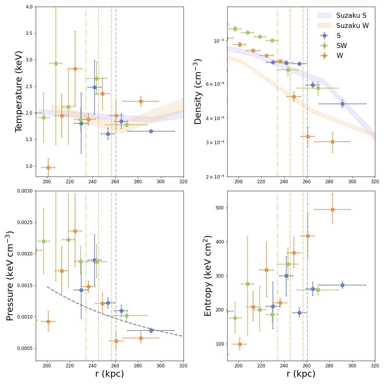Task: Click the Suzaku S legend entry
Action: click(351, 15)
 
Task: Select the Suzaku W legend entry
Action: click(352, 26)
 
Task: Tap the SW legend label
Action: click(342, 46)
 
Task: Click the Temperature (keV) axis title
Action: click(19, 91)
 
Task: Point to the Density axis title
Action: click(198, 91)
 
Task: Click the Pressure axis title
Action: click(10, 276)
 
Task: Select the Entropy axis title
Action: click(208, 276)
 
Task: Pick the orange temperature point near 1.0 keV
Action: click(48, 168)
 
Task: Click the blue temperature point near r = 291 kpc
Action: click(151, 131)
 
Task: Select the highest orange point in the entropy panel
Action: click(333, 209)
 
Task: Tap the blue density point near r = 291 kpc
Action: click(342, 104)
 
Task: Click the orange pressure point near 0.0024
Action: click(75, 231)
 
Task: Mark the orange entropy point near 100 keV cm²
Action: click(240, 344)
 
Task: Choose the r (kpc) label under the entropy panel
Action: click(301, 374)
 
